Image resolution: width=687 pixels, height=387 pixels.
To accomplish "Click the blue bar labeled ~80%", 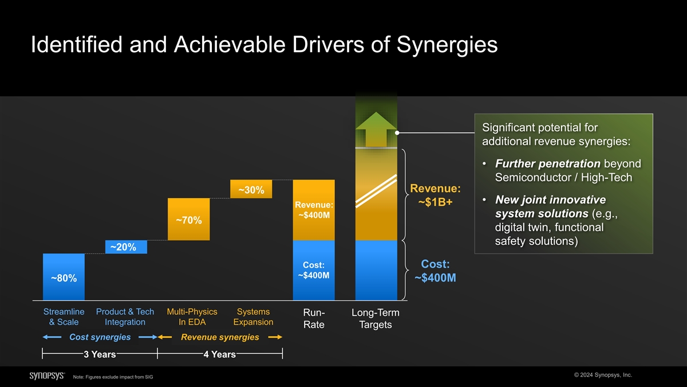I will [64, 277].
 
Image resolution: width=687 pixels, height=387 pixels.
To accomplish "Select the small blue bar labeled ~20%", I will [126, 247].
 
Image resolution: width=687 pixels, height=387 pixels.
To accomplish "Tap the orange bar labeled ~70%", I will [188, 220].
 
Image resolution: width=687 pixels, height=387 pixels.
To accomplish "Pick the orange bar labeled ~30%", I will [251, 189].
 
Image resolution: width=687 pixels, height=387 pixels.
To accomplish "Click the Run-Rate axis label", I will [314, 319].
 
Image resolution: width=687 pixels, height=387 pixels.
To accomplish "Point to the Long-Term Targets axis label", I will [376, 319].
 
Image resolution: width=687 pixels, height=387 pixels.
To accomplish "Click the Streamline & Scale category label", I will [64, 317].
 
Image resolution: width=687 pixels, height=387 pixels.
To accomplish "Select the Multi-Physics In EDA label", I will [192, 317].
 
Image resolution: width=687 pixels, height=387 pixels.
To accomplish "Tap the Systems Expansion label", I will [253, 317].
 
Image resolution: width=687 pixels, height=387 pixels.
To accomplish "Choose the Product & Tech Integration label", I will [125, 317].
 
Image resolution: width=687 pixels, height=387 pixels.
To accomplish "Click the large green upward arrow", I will [376, 129].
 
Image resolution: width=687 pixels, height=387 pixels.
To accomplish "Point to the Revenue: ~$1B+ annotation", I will [436, 196].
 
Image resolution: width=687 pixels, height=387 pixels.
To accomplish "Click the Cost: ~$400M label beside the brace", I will [435, 271].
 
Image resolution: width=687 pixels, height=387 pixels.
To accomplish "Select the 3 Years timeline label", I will [100, 355].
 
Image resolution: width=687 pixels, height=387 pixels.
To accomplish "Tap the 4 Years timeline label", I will [219, 355].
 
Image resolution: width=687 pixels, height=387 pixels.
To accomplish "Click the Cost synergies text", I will [100, 337].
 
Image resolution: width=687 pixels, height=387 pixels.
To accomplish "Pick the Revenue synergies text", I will [220, 337].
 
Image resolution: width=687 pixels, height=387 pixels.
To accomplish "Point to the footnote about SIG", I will [113, 377].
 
